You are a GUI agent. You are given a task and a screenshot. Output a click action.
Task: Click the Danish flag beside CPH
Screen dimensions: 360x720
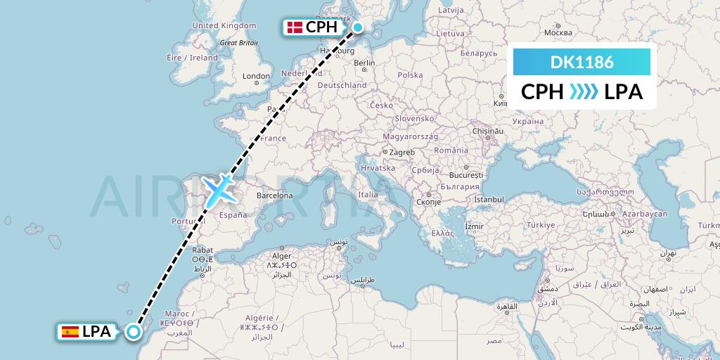coord(295,27)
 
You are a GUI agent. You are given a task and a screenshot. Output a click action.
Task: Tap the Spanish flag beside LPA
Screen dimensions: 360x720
coord(70,332)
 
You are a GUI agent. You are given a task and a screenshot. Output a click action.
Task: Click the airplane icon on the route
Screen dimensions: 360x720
coord(219,188)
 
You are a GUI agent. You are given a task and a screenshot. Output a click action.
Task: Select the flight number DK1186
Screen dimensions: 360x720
coord(581,62)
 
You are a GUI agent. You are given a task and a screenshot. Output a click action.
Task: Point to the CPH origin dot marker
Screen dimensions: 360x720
coord(358,27)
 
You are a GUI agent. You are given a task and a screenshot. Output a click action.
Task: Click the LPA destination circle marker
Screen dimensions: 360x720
coord(133,332)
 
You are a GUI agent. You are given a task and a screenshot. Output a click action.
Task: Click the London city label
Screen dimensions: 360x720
coord(257,76)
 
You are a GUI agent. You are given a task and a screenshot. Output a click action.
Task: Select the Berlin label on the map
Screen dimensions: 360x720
coord(365,63)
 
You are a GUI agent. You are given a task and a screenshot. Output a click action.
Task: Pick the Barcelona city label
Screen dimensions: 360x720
coord(274,195)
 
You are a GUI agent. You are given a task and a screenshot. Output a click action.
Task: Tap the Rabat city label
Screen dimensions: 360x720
coord(202,249)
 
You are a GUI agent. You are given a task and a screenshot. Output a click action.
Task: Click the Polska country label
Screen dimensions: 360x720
coord(410,75)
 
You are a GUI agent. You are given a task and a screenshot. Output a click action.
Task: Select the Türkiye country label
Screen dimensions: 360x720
coord(541,224)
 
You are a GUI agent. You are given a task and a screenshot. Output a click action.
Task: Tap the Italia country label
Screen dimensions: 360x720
coord(368,195)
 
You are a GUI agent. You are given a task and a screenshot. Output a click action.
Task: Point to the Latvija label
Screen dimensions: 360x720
coord(450,11)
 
